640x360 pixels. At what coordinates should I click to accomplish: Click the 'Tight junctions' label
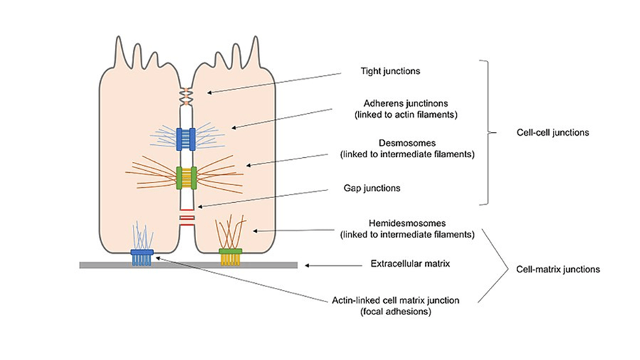pyautogui.click(x=390, y=71)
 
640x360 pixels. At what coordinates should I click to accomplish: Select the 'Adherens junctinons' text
pyautogui.click(x=406, y=103)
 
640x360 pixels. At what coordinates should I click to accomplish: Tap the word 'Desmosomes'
pyautogui.click(x=407, y=143)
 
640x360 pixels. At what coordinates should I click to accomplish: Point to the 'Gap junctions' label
pyautogui.click(x=372, y=188)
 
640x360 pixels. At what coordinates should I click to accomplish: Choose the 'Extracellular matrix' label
pyautogui.click(x=410, y=263)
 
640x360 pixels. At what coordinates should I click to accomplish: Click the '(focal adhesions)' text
pyautogui.click(x=396, y=312)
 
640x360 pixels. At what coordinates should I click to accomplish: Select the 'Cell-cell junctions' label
pyautogui.click(x=553, y=133)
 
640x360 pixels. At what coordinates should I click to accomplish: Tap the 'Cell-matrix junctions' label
pyautogui.click(x=558, y=269)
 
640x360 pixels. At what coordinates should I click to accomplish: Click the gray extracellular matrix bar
pyautogui.click(x=188, y=265)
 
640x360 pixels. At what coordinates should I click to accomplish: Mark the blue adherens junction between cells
pyautogui.click(x=186, y=140)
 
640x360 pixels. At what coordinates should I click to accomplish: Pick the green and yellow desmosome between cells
pyautogui.click(x=187, y=178)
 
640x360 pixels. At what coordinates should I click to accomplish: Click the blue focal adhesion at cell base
pyautogui.click(x=142, y=257)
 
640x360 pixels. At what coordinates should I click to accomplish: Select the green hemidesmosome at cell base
pyautogui.click(x=231, y=257)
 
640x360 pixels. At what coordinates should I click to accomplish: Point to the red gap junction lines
pyautogui.click(x=187, y=218)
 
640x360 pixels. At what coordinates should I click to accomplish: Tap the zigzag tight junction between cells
pyautogui.click(x=186, y=97)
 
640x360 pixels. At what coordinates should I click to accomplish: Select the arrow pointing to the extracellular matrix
pyautogui.click(x=334, y=265)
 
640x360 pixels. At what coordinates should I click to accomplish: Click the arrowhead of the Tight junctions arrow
pyautogui.click(x=210, y=93)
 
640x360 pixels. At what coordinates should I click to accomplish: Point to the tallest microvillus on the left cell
pyautogui.click(x=118, y=51)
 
